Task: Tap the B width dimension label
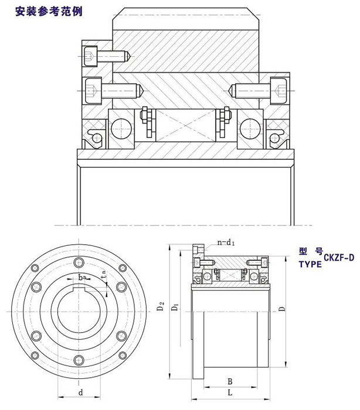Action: tap(229, 380)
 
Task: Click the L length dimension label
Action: tap(229, 391)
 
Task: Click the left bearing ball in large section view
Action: tap(121, 125)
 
